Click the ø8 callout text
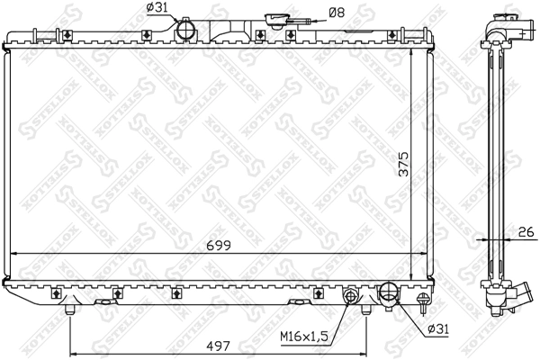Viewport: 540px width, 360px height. click(x=336, y=12)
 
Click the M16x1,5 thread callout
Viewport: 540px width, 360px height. click(x=302, y=337)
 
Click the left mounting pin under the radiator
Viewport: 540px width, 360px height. click(x=69, y=310)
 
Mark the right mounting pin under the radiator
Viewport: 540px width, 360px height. click(x=366, y=310)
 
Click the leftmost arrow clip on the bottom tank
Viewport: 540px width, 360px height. click(x=56, y=292)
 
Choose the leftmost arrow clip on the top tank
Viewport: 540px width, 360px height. click(x=69, y=35)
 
